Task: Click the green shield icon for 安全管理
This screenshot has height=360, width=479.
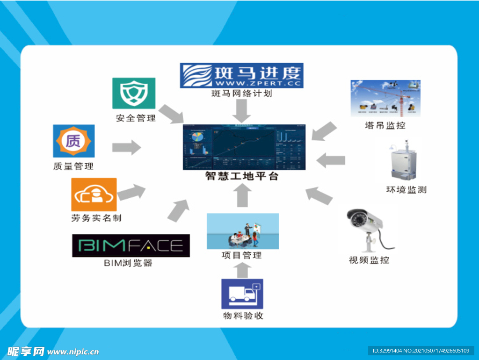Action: click(134, 94)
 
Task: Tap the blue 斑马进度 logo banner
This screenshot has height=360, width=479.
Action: click(242, 75)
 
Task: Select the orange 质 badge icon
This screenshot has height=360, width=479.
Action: click(73, 141)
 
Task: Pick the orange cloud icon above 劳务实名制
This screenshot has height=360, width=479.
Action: click(94, 194)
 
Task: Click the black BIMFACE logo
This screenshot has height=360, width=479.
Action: click(131, 245)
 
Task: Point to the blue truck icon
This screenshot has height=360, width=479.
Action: click(242, 294)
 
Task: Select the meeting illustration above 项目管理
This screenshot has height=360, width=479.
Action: click(243, 231)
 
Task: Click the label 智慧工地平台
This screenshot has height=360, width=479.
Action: click(242, 177)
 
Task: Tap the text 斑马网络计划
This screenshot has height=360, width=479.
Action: click(241, 94)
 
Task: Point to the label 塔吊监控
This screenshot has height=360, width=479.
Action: click(385, 125)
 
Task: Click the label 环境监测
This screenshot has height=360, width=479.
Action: click(406, 190)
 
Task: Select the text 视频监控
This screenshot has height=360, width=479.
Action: click(369, 260)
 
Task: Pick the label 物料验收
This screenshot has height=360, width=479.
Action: click(243, 316)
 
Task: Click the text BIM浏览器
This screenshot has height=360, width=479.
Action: click(128, 263)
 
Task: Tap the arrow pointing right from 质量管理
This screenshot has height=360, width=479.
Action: click(126, 148)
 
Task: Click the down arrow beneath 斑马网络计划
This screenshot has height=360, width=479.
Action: click(242, 111)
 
